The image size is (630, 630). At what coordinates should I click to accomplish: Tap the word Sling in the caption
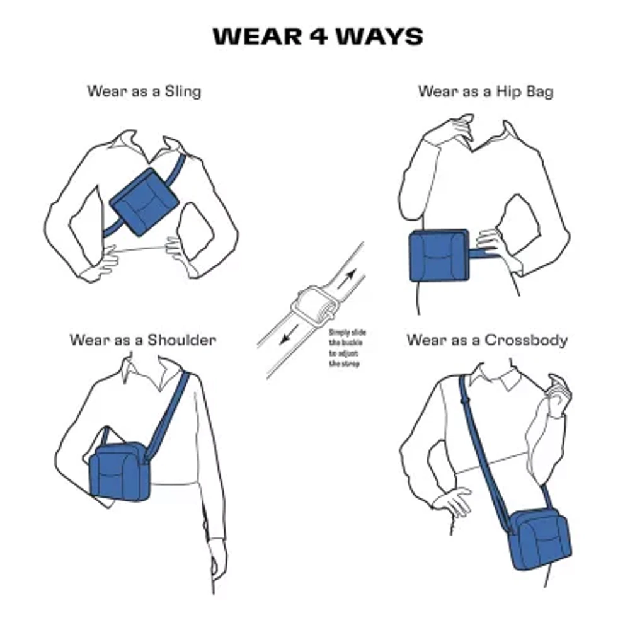182,91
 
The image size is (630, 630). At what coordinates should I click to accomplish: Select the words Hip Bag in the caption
520,91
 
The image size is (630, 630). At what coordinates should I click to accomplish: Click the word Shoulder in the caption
181,340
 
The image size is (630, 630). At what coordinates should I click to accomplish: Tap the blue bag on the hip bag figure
439,255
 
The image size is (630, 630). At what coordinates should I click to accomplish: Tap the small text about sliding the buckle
346,348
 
